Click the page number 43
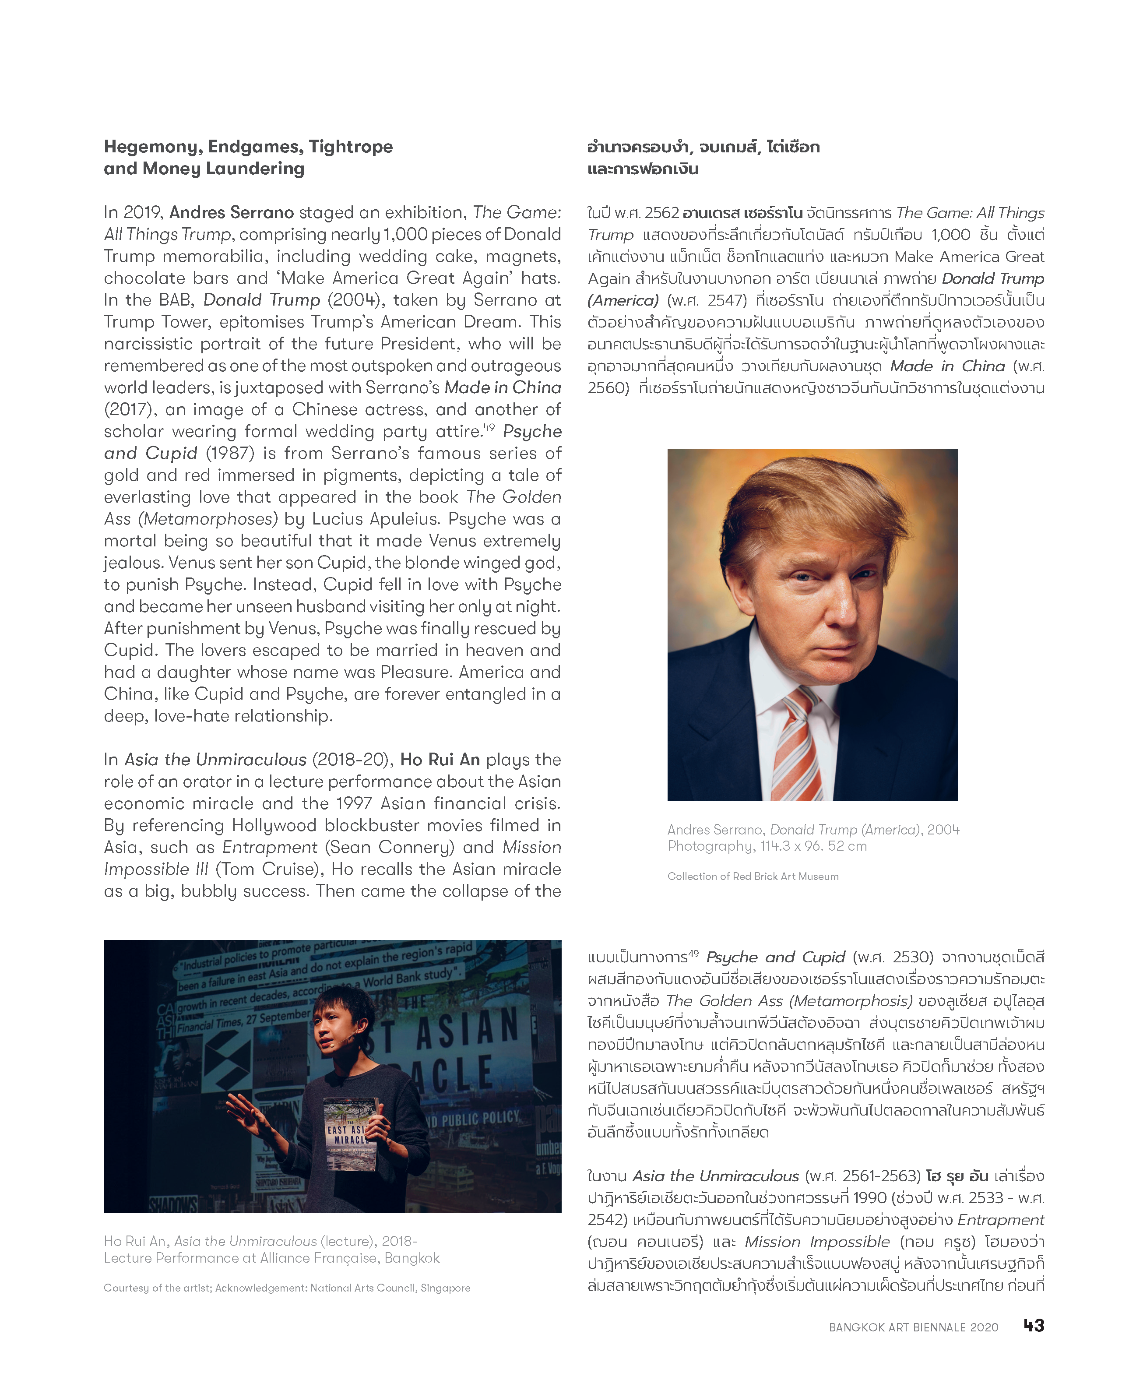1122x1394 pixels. (x=1034, y=1325)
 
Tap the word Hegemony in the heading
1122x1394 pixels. (x=153, y=147)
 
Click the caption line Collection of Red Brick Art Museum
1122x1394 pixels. (x=753, y=876)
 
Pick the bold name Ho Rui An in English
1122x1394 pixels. (x=440, y=759)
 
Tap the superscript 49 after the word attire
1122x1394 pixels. (x=489, y=427)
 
